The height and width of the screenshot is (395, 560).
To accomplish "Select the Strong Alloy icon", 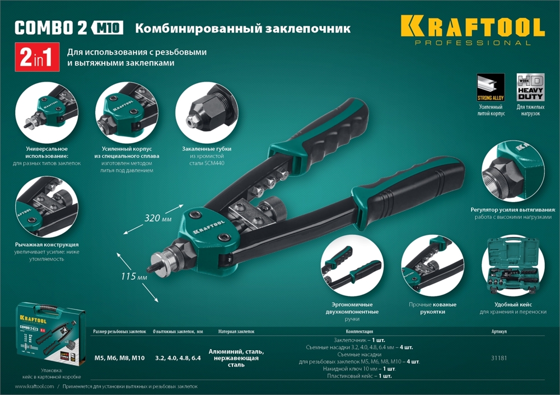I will [x=491, y=87].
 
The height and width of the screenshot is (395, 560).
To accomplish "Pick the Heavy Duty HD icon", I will [x=529, y=87].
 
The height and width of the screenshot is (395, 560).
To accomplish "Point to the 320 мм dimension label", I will [x=158, y=217].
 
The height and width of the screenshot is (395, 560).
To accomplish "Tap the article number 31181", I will [x=498, y=358].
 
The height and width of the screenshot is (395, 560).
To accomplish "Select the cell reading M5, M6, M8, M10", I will [x=119, y=358].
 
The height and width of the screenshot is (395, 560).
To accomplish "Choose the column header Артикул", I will [x=498, y=331].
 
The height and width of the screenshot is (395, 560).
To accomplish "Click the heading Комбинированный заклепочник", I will [x=244, y=27].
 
